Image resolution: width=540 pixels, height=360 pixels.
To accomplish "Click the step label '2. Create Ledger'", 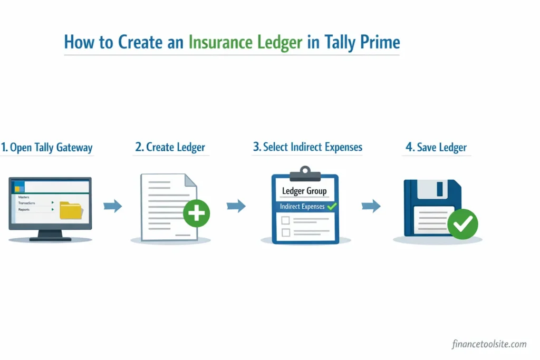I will point(170,148).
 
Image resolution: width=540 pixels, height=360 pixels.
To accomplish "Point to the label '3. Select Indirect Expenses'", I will point(307,147).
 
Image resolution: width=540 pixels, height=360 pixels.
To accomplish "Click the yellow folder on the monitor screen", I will point(71,209).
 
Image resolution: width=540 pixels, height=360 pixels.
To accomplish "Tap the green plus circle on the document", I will point(196,213).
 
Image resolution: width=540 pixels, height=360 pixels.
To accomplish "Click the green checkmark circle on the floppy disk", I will point(462,225).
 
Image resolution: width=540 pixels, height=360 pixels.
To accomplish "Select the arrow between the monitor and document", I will point(112,206).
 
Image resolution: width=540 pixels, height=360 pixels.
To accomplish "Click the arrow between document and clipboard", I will point(236,206).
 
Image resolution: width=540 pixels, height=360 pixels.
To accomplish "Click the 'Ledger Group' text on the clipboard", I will point(304,191).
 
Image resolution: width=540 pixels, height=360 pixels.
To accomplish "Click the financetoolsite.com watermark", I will point(489,344).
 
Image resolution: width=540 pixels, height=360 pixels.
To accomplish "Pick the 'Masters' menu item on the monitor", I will point(24,197).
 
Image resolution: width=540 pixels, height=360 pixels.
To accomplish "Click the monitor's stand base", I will point(50,239).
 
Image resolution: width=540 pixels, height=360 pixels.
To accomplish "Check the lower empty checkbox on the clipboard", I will point(286,232).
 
